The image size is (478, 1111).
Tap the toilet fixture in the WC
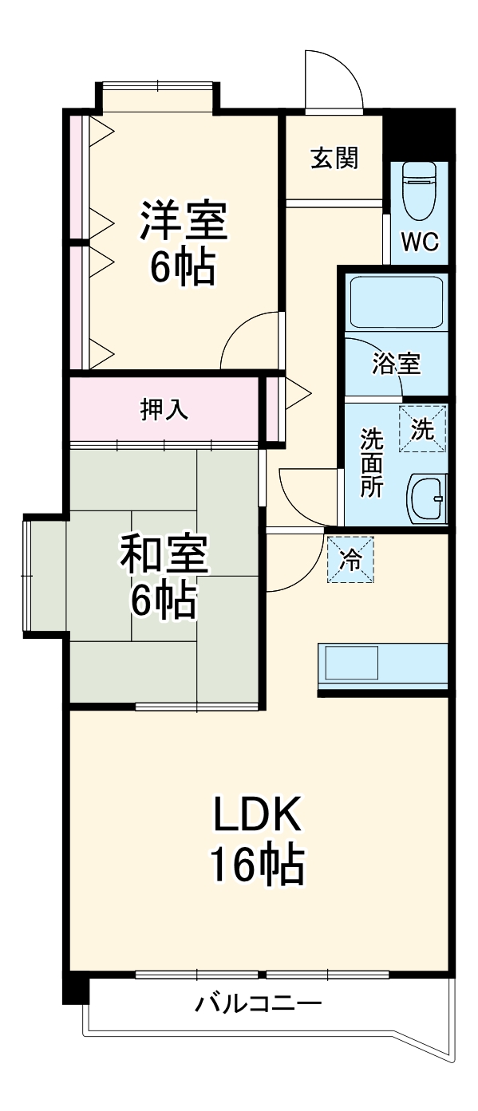420,191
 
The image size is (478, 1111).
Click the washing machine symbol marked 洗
422,429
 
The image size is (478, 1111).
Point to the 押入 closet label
164,410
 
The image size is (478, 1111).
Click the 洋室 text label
184,221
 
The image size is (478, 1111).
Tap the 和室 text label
164,555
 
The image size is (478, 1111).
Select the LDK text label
256,814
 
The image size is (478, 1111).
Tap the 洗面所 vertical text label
371,463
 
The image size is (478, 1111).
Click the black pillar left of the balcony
76,989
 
